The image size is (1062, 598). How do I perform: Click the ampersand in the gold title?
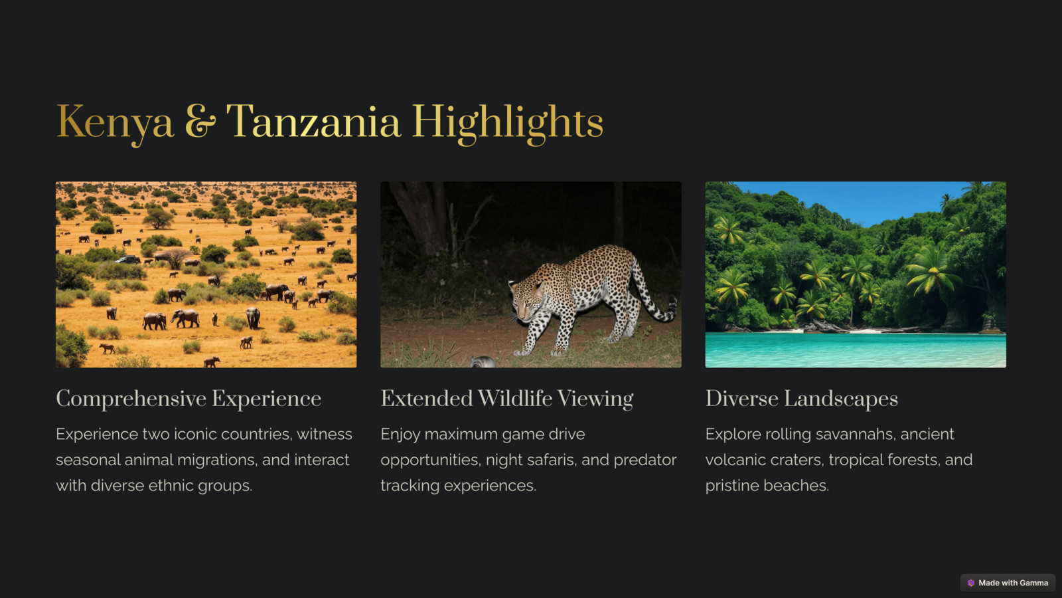(x=200, y=122)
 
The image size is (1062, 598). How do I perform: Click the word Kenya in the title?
(x=115, y=123)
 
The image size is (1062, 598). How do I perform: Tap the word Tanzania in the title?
(x=313, y=122)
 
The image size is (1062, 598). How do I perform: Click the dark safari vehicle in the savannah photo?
(x=127, y=259)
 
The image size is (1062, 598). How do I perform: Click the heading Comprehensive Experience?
(x=189, y=399)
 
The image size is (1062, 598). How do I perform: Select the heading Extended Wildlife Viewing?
(x=507, y=399)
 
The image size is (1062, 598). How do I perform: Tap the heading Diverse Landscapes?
(x=802, y=399)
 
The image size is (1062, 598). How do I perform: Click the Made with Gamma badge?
(x=1008, y=583)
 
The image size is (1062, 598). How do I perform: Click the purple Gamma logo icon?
(x=971, y=583)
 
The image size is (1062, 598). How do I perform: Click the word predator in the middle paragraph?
(x=645, y=460)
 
